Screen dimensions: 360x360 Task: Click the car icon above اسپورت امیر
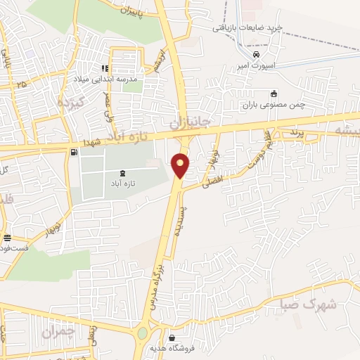(256, 53)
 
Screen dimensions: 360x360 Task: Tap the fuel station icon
(74, 151)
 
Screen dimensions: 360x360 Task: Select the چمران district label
(57, 331)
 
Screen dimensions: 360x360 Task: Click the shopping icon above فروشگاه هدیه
(172, 337)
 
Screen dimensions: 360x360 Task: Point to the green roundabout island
(143, 333)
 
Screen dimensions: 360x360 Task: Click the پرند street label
(296, 132)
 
